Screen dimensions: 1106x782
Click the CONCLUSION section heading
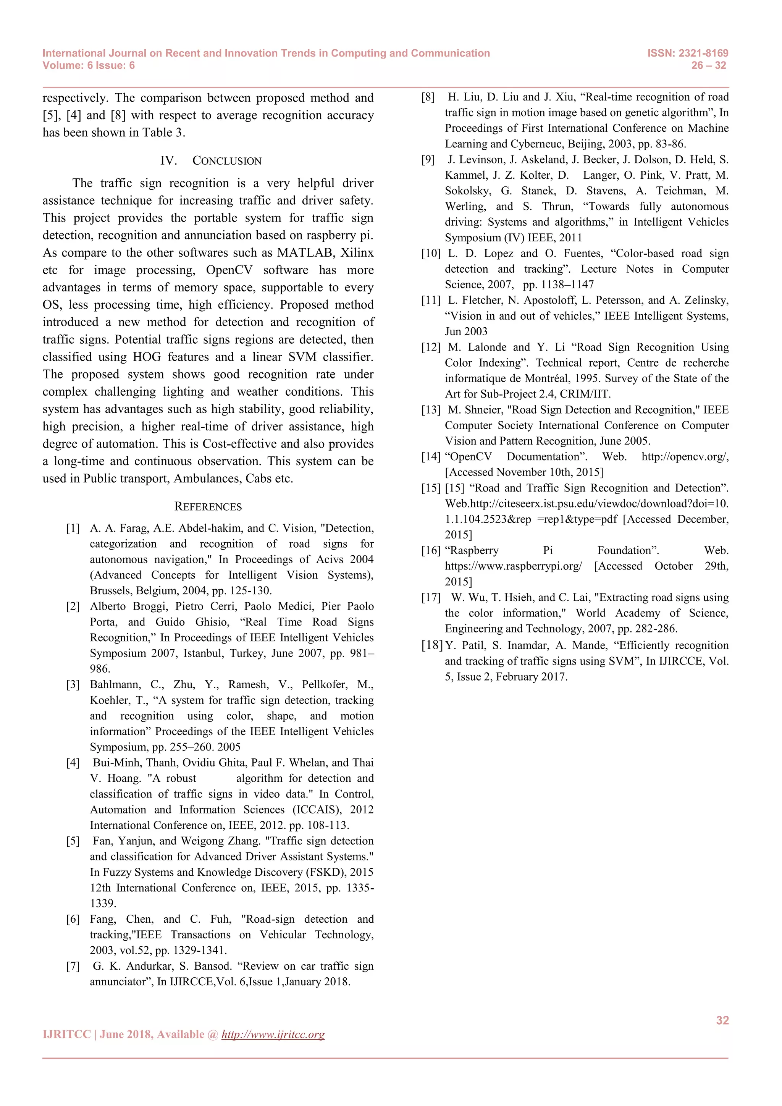point(227,161)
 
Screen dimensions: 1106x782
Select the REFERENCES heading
point(208,507)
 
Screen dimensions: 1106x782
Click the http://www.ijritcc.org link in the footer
point(273,1034)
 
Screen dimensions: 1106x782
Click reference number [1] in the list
point(73,529)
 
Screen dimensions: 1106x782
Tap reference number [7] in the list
point(73,966)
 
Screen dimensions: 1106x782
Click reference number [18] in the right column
point(431,645)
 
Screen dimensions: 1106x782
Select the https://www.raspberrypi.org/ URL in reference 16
point(513,566)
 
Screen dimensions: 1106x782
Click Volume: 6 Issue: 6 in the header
point(89,66)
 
